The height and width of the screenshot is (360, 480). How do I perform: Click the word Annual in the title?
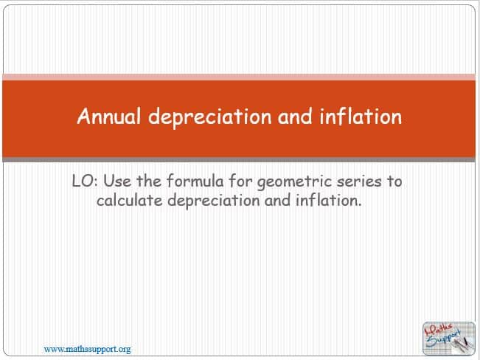click(109, 116)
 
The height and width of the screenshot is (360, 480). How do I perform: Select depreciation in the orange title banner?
click(210, 117)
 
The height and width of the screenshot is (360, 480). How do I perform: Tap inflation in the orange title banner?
click(361, 116)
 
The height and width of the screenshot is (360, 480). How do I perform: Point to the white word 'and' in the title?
click(295, 116)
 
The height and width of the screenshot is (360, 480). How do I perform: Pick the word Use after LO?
click(117, 181)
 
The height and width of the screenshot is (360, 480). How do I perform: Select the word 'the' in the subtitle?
click(149, 181)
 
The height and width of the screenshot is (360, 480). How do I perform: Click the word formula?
click(195, 181)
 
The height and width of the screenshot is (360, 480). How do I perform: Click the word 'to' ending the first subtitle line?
click(394, 181)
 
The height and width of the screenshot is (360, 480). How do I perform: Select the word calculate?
click(130, 201)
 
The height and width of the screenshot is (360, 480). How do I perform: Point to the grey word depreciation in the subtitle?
click(214, 201)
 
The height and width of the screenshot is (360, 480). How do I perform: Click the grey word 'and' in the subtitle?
click(278, 201)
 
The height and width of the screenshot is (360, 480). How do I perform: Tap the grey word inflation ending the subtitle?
click(329, 200)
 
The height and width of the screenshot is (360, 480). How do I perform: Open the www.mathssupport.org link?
click(87, 349)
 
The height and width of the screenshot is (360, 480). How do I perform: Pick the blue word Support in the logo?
click(445, 339)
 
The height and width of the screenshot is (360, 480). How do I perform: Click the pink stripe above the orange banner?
click(239, 77)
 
